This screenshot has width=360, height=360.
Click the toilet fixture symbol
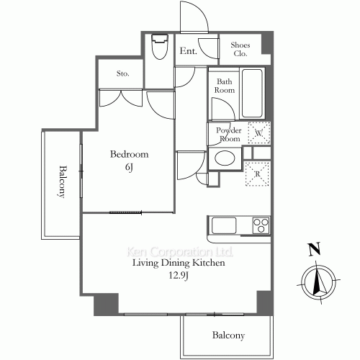point(160,47)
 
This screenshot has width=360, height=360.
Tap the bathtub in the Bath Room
point(252,94)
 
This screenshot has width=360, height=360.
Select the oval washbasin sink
point(225,158)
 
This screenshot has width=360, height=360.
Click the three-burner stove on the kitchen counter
point(261,225)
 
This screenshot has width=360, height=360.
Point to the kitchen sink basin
point(224,225)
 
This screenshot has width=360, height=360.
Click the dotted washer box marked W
point(259,132)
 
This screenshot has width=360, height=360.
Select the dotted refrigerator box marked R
point(257,174)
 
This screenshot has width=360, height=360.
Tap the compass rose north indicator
point(318,282)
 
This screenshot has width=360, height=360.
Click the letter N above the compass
point(315,248)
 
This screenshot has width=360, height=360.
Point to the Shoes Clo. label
point(240,49)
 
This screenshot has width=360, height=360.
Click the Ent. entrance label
point(189,50)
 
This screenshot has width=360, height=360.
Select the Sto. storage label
point(123,73)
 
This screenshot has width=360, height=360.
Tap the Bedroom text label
point(130,154)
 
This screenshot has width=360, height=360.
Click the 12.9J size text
point(179,276)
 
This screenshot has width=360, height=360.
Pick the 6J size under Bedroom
point(129,167)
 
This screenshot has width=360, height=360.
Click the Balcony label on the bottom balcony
point(228,336)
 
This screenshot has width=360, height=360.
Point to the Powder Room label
point(229,135)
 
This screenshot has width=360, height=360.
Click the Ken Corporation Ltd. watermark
point(180,252)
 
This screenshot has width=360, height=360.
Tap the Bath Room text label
point(225,86)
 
